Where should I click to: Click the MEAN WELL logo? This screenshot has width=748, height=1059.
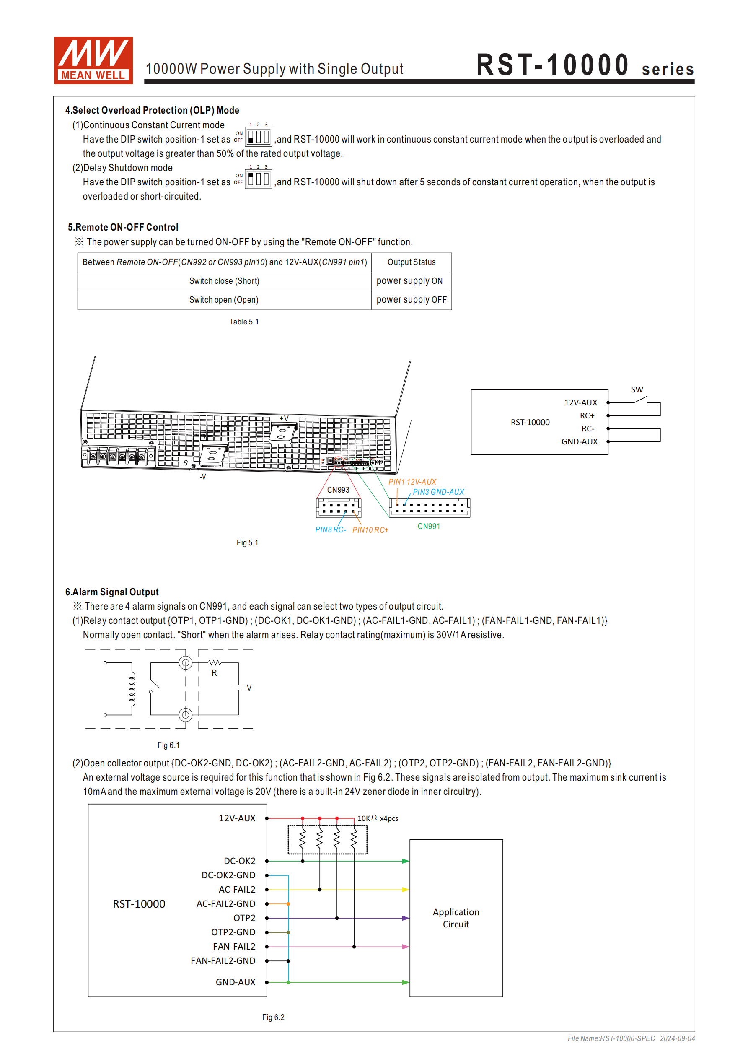pyautogui.click(x=93, y=60)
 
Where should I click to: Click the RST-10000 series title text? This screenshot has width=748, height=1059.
pyautogui.click(x=585, y=65)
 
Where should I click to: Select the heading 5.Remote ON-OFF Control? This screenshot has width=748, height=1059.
pyautogui.click(x=123, y=227)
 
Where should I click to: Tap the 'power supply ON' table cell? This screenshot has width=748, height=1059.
pyautogui.click(x=409, y=281)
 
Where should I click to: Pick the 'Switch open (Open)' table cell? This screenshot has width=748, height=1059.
pyautogui.click(x=224, y=300)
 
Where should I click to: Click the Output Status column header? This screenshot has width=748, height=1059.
pyautogui.click(x=412, y=262)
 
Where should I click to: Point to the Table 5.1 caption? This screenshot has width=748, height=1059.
pyautogui.click(x=244, y=322)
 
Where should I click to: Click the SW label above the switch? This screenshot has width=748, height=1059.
pyautogui.click(x=637, y=390)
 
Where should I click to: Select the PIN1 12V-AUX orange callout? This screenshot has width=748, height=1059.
pyautogui.click(x=412, y=482)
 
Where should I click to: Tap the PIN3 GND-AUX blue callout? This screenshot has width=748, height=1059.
pyautogui.click(x=438, y=492)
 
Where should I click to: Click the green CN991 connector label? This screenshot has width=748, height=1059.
pyautogui.click(x=428, y=526)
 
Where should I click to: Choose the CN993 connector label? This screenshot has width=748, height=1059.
pyautogui.click(x=338, y=490)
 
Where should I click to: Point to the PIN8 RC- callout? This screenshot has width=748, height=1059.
pyautogui.click(x=330, y=530)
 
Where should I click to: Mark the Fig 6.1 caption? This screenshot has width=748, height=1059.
pyautogui.click(x=168, y=745)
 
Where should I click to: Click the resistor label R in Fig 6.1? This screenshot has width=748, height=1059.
pyautogui.click(x=214, y=673)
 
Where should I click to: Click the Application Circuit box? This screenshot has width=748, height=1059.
pyautogui.click(x=456, y=918)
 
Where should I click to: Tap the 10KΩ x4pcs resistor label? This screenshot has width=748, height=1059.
pyautogui.click(x=378, y=818)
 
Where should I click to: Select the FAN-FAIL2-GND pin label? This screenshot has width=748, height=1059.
pyautogui.click(x=223, y=961)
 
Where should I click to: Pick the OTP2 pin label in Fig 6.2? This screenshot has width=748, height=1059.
pyautogui.click(x=244, y=918)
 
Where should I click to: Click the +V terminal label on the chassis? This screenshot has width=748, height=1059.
pyautogui.click(x=284, y=418)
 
